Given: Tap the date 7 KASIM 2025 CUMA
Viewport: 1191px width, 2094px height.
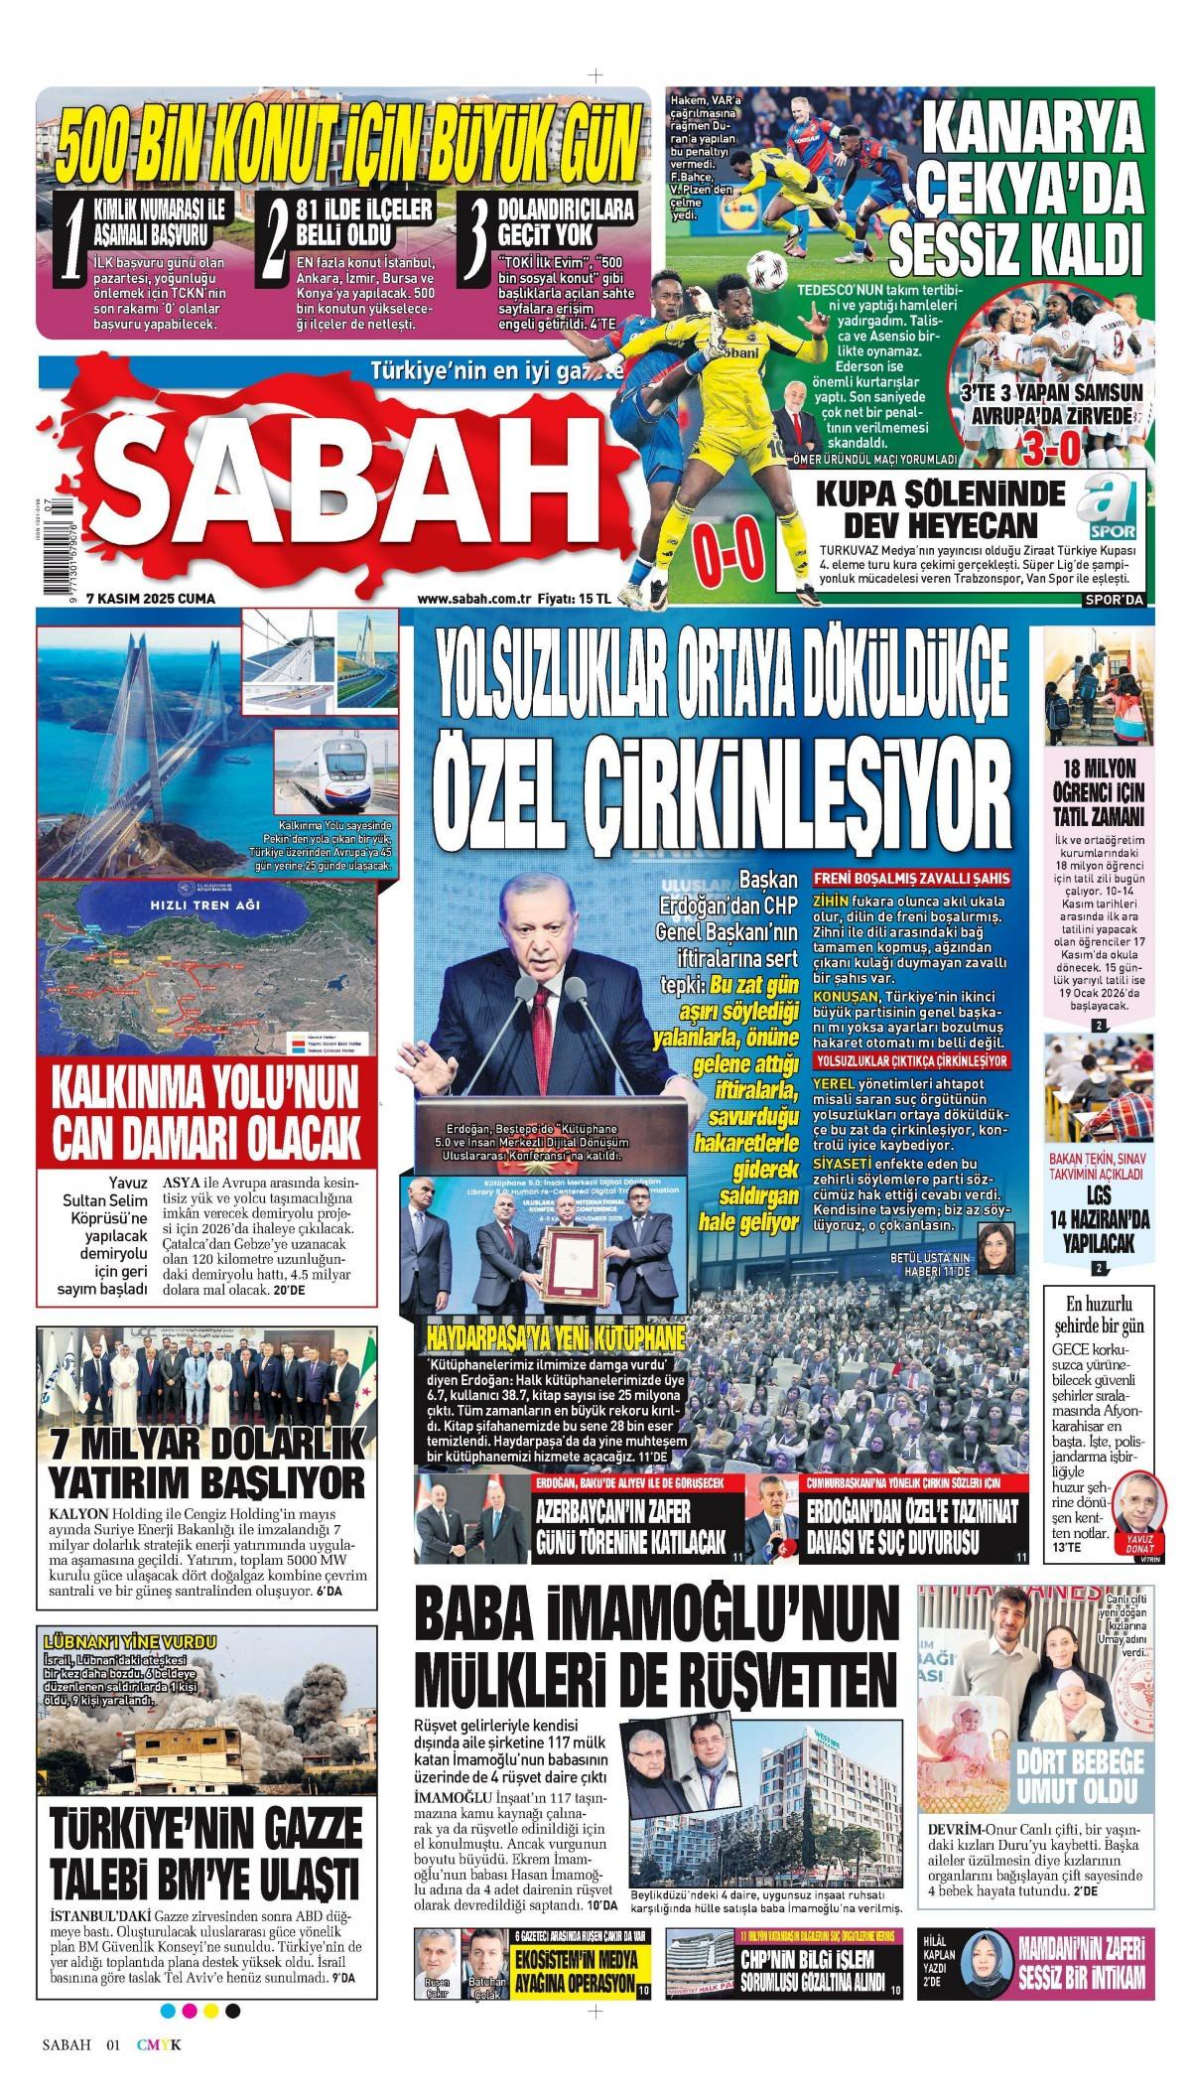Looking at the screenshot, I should point(150,597).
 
